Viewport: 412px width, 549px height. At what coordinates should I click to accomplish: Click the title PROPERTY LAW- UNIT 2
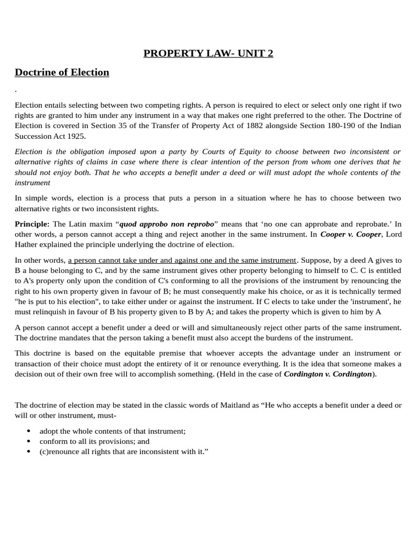click(x=208, y=53)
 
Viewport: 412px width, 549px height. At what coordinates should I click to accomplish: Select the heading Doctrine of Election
click(x=62, y=72)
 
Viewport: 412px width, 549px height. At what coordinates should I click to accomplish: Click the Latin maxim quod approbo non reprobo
click(x=166, y=224)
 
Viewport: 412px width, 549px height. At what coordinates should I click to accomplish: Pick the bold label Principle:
click(x=32, y=224)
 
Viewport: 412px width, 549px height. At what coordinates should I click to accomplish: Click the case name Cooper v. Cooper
click(x=350, y=234)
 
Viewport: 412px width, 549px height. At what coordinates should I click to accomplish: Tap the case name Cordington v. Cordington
click(x=328, y=374)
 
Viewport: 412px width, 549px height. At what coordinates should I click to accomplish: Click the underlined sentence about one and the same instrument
click(x=182, y=260)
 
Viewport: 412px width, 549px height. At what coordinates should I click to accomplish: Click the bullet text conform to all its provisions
click(x=94, y=441)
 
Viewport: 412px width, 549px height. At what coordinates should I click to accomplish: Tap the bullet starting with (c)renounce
click(x=123, y=451)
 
